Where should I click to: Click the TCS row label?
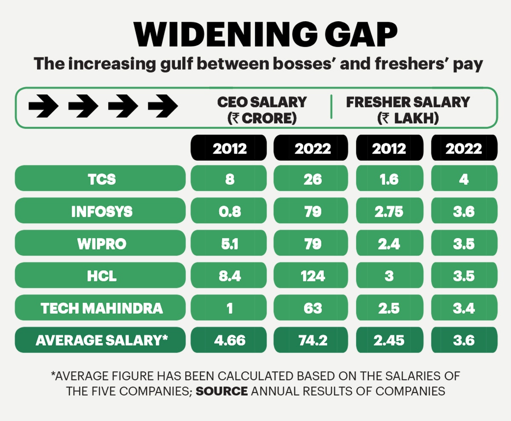[100, 179]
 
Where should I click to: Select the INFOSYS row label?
[100, 211]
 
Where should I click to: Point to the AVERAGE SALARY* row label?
[100, 340]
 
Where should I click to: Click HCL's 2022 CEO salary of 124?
[313, 276]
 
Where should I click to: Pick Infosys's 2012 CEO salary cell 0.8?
[230, 211]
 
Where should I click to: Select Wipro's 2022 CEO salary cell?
[313, 244]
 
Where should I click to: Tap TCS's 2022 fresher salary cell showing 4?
[464, 179]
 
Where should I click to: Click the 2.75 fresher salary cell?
[389, 211]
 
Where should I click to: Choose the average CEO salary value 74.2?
[313, 340]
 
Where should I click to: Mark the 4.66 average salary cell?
[230, 340]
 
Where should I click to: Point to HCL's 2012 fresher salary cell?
[389, 276]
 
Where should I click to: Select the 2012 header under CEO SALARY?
[230, 148]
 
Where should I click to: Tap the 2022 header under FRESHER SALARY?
[464, 148]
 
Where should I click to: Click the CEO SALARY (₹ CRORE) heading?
[262, 110]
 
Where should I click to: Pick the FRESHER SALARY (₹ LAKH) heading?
[408, 110]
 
